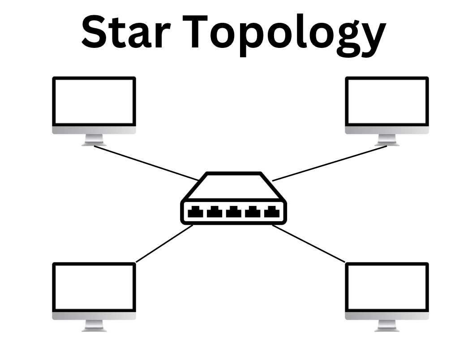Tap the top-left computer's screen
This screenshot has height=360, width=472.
94,102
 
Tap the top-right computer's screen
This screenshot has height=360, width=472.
387,102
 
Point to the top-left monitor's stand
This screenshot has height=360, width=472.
94,141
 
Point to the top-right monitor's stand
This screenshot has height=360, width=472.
387,141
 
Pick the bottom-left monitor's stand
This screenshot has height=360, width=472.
94,326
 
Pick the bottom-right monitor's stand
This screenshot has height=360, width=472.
387,326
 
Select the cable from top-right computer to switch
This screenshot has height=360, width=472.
329,163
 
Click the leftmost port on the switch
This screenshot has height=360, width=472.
196,212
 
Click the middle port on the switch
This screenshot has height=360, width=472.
233,212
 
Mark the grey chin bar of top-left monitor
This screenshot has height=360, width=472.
94,130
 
